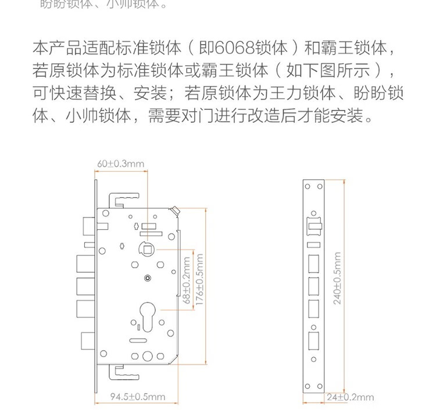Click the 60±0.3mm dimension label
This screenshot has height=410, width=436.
click(x=121, y=164)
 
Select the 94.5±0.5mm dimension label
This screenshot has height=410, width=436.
click(x=138, y=397)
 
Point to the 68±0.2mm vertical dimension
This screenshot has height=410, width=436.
click(x=187, y=281)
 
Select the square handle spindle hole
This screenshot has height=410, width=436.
click(x=146, y=250)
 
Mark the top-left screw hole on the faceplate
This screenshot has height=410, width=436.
click(x=308, y=187)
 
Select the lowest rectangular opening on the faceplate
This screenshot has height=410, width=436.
click(x=314, y=339)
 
